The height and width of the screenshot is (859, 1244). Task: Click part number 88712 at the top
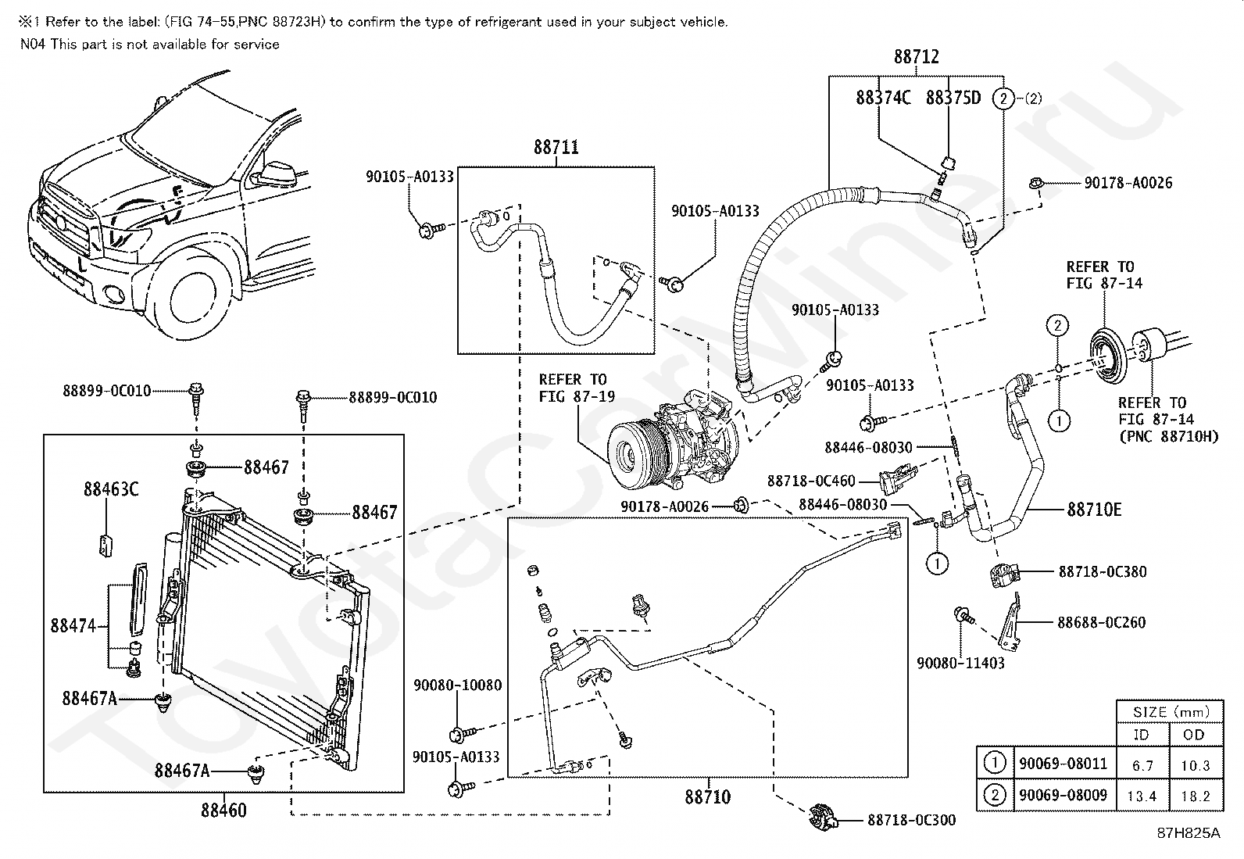[x=917, y=57]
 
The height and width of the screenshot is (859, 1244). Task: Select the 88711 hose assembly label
[x=556, y=147]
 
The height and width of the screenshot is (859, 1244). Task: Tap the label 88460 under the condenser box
[x=223, y=811]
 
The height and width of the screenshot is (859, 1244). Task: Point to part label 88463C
[x=111, y=489]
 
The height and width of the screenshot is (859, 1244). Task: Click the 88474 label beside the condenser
[x=73, y=625]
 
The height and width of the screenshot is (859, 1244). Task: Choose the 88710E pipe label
[x=1094, y=510]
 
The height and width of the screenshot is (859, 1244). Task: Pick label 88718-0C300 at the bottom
[x=911, y=820]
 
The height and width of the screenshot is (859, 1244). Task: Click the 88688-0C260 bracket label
[x=1101, y=622]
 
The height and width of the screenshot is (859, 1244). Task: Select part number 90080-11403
[x=960, y=663]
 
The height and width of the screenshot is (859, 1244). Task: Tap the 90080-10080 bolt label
[x=458, y=685]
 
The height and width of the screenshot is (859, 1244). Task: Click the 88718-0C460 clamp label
[x=811, y=481]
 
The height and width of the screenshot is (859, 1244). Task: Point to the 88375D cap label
[x=953, y=98]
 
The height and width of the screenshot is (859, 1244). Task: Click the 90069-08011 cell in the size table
[x=1063, y=764]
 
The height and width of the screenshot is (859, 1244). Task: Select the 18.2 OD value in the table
[x=1195, y=796]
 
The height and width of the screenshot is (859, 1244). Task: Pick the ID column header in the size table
[x=1141, y=735]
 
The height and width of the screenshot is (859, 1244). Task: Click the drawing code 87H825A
[x=1189, y=833]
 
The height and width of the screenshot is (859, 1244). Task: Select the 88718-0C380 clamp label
[x=1103, y=571]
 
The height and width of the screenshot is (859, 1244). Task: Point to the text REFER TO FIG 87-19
[x=577, y=388]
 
